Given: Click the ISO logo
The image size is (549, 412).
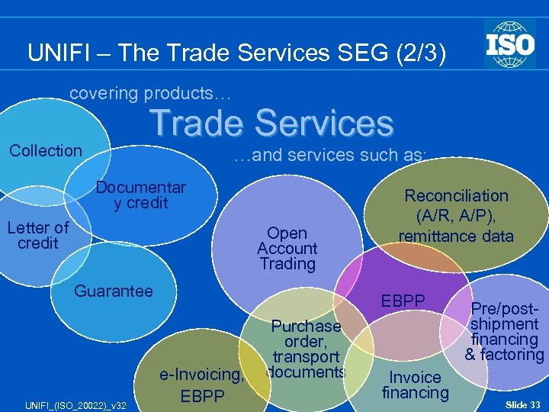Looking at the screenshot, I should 509,43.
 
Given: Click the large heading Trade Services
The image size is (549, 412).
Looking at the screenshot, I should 271,123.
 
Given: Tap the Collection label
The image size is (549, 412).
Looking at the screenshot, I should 46,150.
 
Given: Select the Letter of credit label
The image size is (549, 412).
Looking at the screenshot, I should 38,235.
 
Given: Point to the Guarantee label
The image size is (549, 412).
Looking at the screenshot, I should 114,291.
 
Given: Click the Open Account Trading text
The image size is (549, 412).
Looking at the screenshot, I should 287,249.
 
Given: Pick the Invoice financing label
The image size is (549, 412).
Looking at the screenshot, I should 415,385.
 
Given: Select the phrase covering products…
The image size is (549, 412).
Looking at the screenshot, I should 149,93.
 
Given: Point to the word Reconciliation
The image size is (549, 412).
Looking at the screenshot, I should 456,195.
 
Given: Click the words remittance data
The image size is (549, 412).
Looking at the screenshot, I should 456,236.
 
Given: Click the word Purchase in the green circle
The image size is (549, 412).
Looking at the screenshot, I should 306,326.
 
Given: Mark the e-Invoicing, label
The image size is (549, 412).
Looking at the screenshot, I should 201,374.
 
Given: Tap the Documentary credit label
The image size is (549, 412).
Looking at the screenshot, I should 141,195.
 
